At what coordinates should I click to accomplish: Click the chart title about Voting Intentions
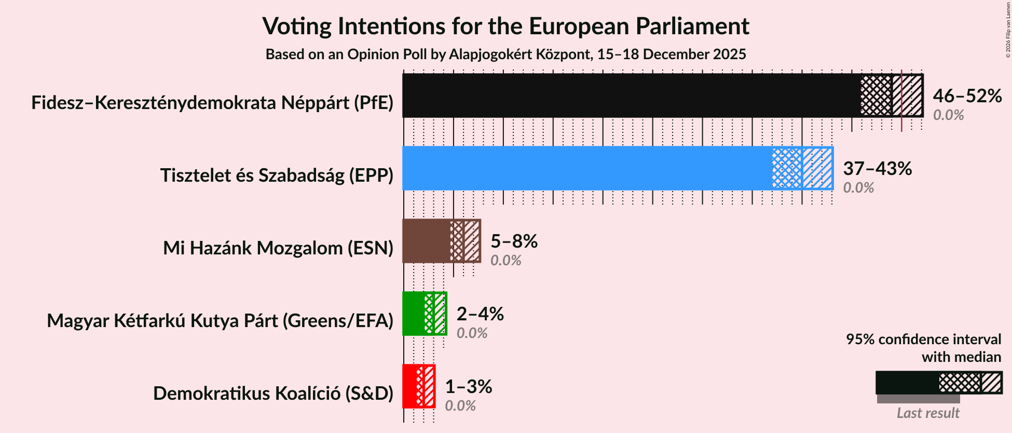[x=505, y=26]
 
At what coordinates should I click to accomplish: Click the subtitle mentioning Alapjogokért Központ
[x=505, y=55]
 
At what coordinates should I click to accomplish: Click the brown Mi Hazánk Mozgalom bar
[x=426, y=241]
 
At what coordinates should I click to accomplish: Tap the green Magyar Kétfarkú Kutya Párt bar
[x=413, y=314]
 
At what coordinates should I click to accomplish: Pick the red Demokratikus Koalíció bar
[x=409, y=386]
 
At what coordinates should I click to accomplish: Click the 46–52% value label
[x=967, y=96]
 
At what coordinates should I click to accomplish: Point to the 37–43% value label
[x=877, y=169]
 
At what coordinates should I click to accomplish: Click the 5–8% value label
[x=514, y=241]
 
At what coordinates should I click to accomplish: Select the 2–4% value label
[x=480, y=314]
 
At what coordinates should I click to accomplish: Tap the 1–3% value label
[x=469, y=387]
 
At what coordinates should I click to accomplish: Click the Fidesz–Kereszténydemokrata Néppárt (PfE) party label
[x=212, y=103]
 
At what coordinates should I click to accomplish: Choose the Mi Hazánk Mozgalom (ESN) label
[x=278, y=248]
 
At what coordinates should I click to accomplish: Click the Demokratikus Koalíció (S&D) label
[x=273, y=394]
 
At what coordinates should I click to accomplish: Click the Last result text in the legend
[x=928, y=413]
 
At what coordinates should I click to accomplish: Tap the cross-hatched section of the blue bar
[x=786, y=168]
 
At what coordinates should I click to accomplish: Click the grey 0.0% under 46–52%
[x=948, y=115]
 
